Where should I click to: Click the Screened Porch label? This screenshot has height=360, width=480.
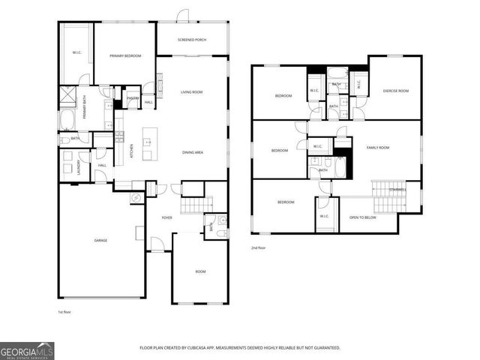pyautogui.click(x=192, y=40)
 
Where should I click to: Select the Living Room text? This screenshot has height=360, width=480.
pyautogui.click(x=192, y=92)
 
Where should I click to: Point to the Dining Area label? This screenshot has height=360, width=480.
pyautogui.click(x=193, y=153)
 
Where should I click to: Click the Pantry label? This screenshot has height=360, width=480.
pyautogui.click(x=132, y=97)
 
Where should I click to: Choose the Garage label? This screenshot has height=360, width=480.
pyautogui.click(x=100, y=240)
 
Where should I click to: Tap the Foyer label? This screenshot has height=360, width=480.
pyautogui.click(x=167, y=218)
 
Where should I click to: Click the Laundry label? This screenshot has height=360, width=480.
pyautogui.click(x=79, y=168)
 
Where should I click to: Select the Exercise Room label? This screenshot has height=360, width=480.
pyautogui.click(x=395, y=91)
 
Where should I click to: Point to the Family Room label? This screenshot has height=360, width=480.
pyautogui.click(x=377, y=148)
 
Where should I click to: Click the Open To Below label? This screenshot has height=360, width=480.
pyautogui.click(x=362, y=217)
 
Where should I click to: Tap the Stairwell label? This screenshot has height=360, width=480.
pyautogui.click(x=397, y=190)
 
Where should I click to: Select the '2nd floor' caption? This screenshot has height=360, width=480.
pyautogui.click(x=259, y=247)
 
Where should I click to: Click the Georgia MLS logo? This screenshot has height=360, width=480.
pyautogui.click(x=27, y=349)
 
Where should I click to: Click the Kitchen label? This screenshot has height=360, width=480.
pyautogui.click(x=132, y=150)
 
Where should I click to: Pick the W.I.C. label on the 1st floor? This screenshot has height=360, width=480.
pyautogui.click(x=76, y=52)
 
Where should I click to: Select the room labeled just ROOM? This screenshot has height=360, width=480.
pyautogui.click(x=200, y=271)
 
